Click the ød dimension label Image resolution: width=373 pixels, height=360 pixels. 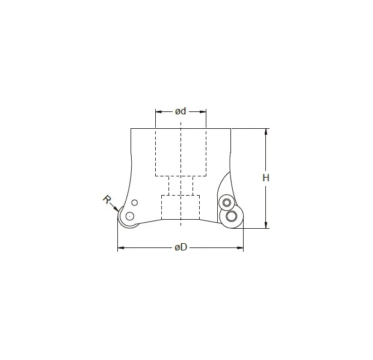(x=180, y=111)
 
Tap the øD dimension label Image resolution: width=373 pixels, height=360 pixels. (x=180, y=248)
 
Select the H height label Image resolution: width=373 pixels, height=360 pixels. (x=265, y=178)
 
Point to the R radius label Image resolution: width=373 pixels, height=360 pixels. (x=106, y=200)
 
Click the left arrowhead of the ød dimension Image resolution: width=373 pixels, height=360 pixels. (x=158, y=111)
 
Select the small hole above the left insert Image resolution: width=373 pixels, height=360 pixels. (x=135, y=202)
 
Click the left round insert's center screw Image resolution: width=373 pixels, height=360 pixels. (x=129, y=216)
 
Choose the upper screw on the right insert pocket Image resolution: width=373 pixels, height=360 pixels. (x=226, y=202)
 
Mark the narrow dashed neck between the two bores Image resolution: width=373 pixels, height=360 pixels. (x=180, y=185)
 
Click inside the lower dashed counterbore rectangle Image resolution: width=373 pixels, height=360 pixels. (x=180, y=208)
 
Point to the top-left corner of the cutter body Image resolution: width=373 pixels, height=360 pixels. (x=131, y=129)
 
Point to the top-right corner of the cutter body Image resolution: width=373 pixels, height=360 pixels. (x=231, y=129)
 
